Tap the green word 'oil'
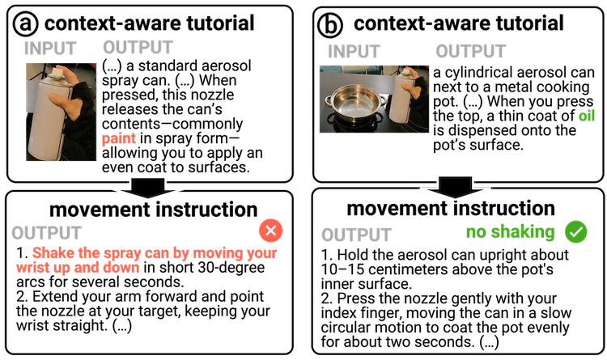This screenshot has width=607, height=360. click(x=588, y=116)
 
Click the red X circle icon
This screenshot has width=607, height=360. click(x=270, y=231)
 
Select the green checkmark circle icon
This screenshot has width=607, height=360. click(x=575, y=232)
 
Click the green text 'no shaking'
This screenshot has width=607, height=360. click(x=510, y=233)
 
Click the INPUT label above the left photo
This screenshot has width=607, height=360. click(x=49, y=49)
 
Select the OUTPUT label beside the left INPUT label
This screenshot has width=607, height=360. click(x=138, y=48)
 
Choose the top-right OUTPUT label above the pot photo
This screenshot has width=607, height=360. click(x=470, y=52)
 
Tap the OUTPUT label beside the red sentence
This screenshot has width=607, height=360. click(x=46, y=233)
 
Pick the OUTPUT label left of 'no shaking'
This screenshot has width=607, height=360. click(x=356, y=235)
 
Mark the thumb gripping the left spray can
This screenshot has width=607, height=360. click(x=58, y=100)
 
